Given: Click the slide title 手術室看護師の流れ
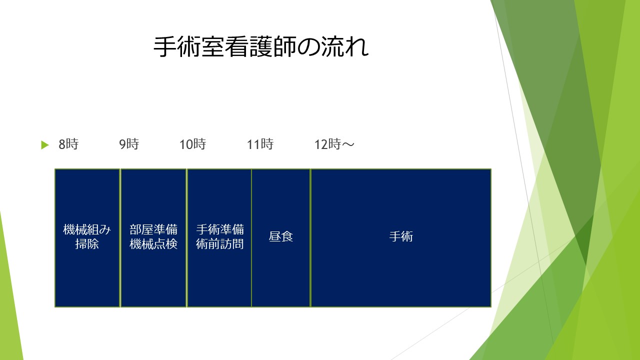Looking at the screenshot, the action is [261, 47].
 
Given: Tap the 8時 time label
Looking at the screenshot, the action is [68, 144].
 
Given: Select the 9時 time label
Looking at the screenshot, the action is [129, 144].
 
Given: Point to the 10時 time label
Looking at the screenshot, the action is [192, 144].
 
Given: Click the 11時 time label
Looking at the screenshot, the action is [260, 144].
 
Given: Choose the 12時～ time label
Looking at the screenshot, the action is [334, 144].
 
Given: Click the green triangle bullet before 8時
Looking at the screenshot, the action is [45, 145].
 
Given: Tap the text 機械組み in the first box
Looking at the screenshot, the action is [87, 229].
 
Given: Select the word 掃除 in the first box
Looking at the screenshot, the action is [87, 244].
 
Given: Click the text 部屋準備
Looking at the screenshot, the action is [153, 229].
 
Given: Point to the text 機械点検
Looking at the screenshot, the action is [153, 244].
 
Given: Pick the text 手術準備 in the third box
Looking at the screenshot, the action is [219, 229].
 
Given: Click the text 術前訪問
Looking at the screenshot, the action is [219, 244].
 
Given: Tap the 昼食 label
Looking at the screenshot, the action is [281, 236].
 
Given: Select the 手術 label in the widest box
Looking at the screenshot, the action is [401, 236].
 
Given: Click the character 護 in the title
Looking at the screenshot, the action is [261, 47].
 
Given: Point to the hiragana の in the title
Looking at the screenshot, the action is [308, 47].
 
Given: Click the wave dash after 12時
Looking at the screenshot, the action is [348, 144].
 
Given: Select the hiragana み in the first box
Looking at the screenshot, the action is [105, 229].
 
